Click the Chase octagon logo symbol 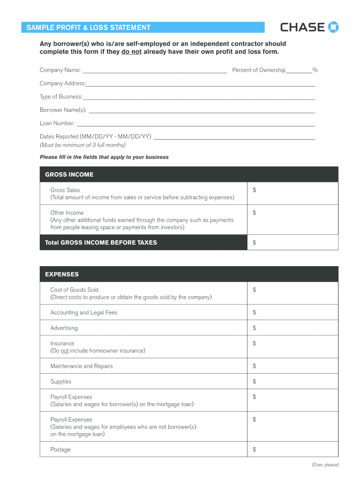point(334,27)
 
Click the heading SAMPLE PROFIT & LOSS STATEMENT point(88,28)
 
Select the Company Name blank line point(154,72)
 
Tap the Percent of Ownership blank point(299,72)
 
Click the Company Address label point(62,83)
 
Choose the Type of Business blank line point(199,98)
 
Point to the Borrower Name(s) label point(63,110)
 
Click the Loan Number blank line point(195,125)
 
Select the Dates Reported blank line point(234,138)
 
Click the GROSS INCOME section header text point(69,174)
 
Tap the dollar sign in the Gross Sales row point(254,190)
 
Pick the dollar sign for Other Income point(254,213)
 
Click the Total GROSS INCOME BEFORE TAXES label point(101,242)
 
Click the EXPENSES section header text point(62,274)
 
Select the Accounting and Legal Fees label point(84,312)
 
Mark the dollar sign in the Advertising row point(254,328)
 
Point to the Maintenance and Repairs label point(81,366)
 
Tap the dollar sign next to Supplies point(254,382)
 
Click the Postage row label point(60,450)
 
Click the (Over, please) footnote point(325,464)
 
